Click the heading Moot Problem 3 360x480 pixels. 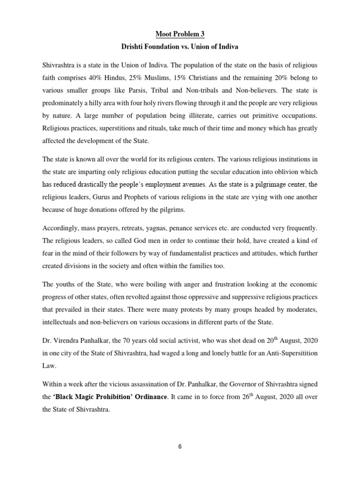point(180,34)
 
